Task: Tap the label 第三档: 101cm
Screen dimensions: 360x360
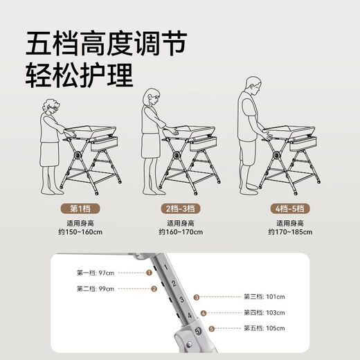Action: tap(264, 297)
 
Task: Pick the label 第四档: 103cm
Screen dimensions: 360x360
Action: tap(264, 313)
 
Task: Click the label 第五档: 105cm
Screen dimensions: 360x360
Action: tap(264, 329)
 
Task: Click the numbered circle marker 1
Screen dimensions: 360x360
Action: tap(149, 273)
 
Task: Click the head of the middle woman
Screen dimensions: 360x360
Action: tap(152, 98)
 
